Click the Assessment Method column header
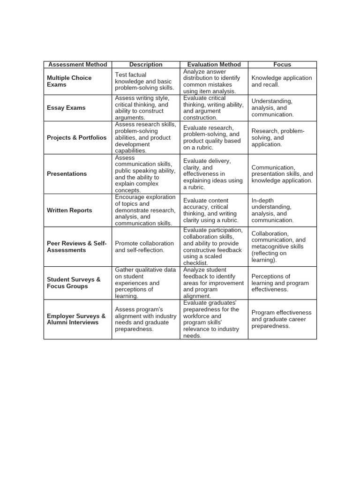click(x=78, y=65)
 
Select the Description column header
click(x=146, y=65)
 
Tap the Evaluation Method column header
click(x=214, y=65)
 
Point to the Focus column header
click(x=282, y=65)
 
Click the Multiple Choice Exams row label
click(x=69, y=81)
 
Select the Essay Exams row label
click(x=66, y=108)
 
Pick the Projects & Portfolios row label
click(x=76, y=138)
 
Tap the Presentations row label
click(x=67, y=174)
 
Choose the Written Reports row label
click(x=69, y=210)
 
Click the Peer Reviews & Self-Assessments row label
click(x=77, y=247)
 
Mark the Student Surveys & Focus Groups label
click(x=74, y=283)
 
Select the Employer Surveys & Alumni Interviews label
click(x=76, y=319)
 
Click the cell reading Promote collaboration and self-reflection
click(x=144, y=247)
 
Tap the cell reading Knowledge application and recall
click(x=281, y=81)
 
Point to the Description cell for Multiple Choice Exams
click(x=144, y=81)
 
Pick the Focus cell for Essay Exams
click(x=272, y=108)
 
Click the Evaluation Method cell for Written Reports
click(x=211, y=210)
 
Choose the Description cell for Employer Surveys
click(x=145, y=319)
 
